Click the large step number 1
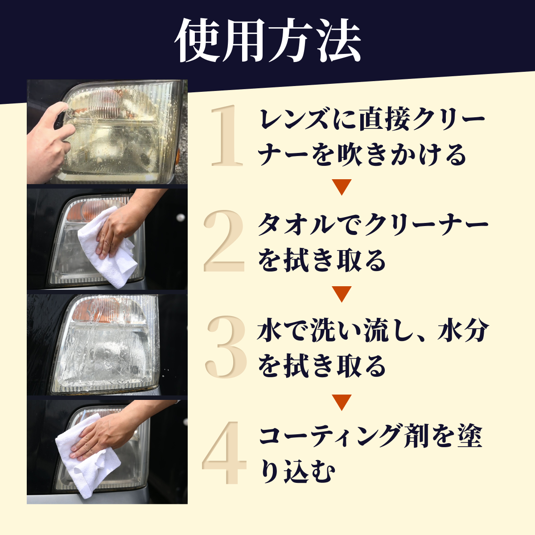227,136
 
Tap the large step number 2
224,241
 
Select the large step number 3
226,347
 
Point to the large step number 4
224,453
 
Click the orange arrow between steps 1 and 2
342,187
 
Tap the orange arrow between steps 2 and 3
342,294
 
